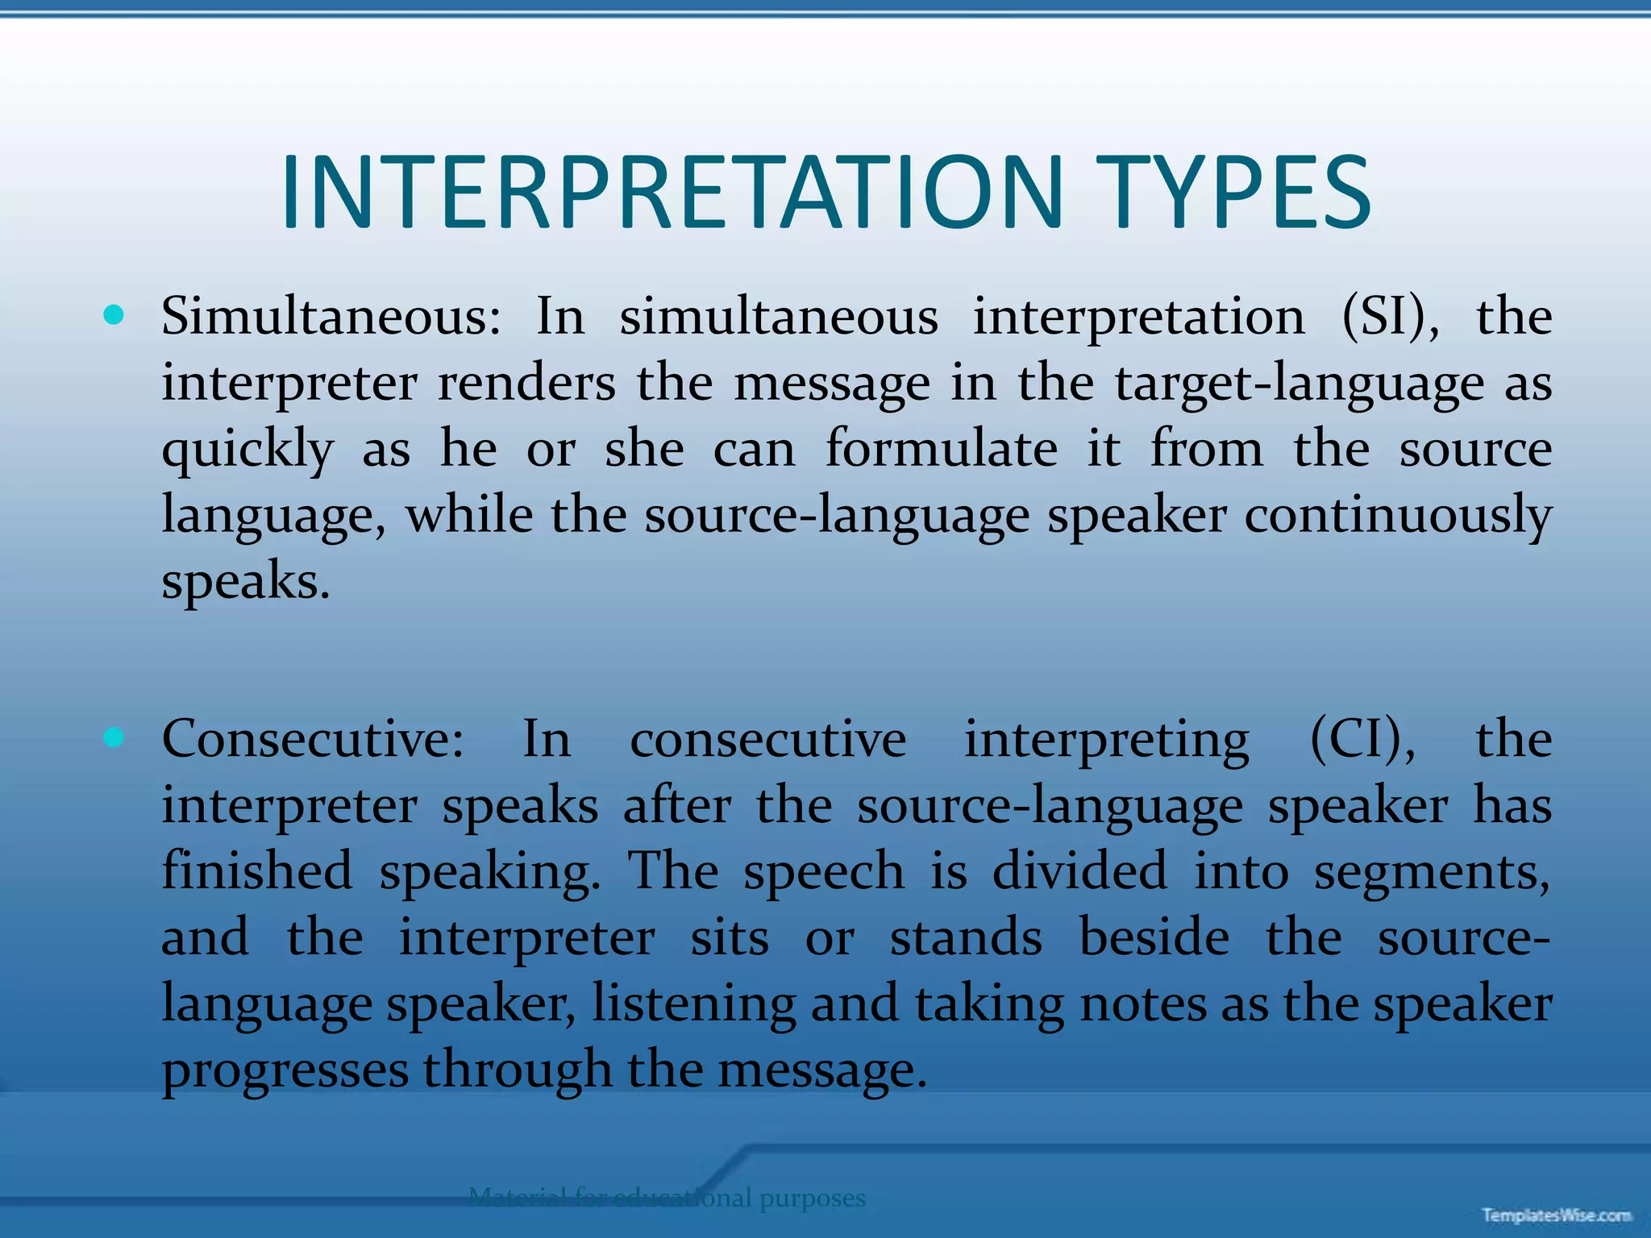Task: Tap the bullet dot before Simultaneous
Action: (x=114, y=315)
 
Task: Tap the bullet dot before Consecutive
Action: (x=114, y=737)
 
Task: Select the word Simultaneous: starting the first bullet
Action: (x=331, y=316)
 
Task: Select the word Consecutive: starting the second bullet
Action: (x=313, y=738)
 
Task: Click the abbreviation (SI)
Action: (x=1390, y=316)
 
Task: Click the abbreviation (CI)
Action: (x=1362, y=738)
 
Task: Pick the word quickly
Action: (x=247, y=450)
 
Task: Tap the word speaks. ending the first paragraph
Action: (x=246, y=582)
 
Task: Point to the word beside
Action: (x=1154, y=937)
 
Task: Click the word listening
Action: (x=694, y=1005)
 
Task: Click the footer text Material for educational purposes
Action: (x=667, y=1198)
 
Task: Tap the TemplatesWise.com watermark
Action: (x=1556, y=1215)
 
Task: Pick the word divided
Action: (x=1079, y=870)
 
